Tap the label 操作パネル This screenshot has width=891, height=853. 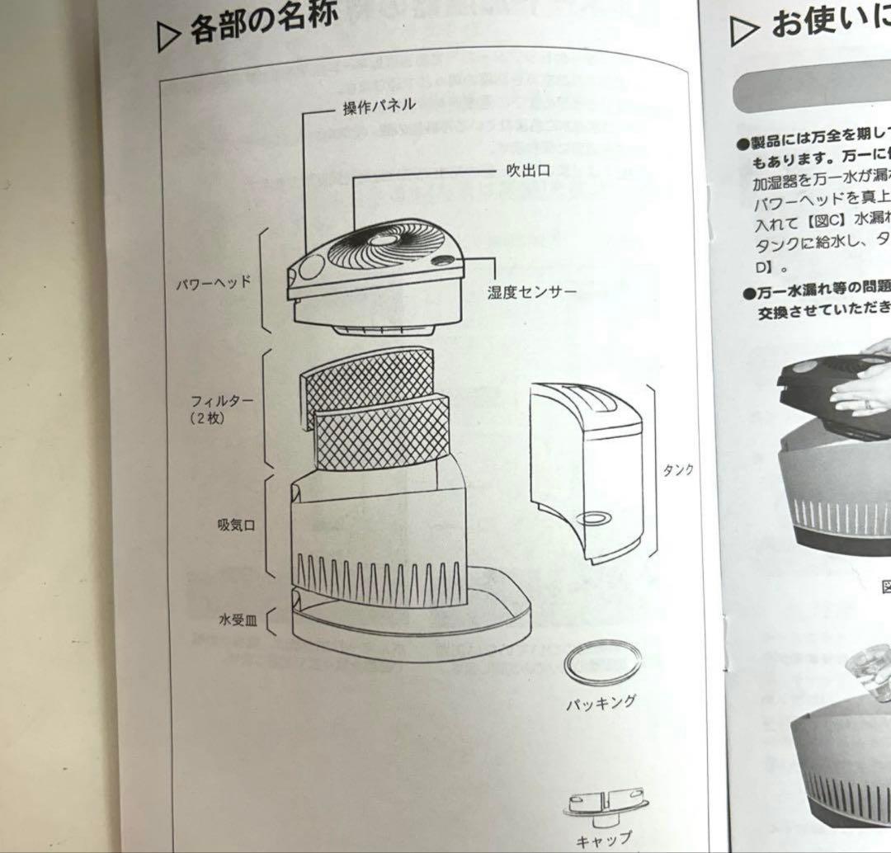pos(379,107)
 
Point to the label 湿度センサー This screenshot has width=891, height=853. pos(531,292)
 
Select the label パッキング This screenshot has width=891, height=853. pos(601,702)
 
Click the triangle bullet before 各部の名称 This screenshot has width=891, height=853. pos(167,37)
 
